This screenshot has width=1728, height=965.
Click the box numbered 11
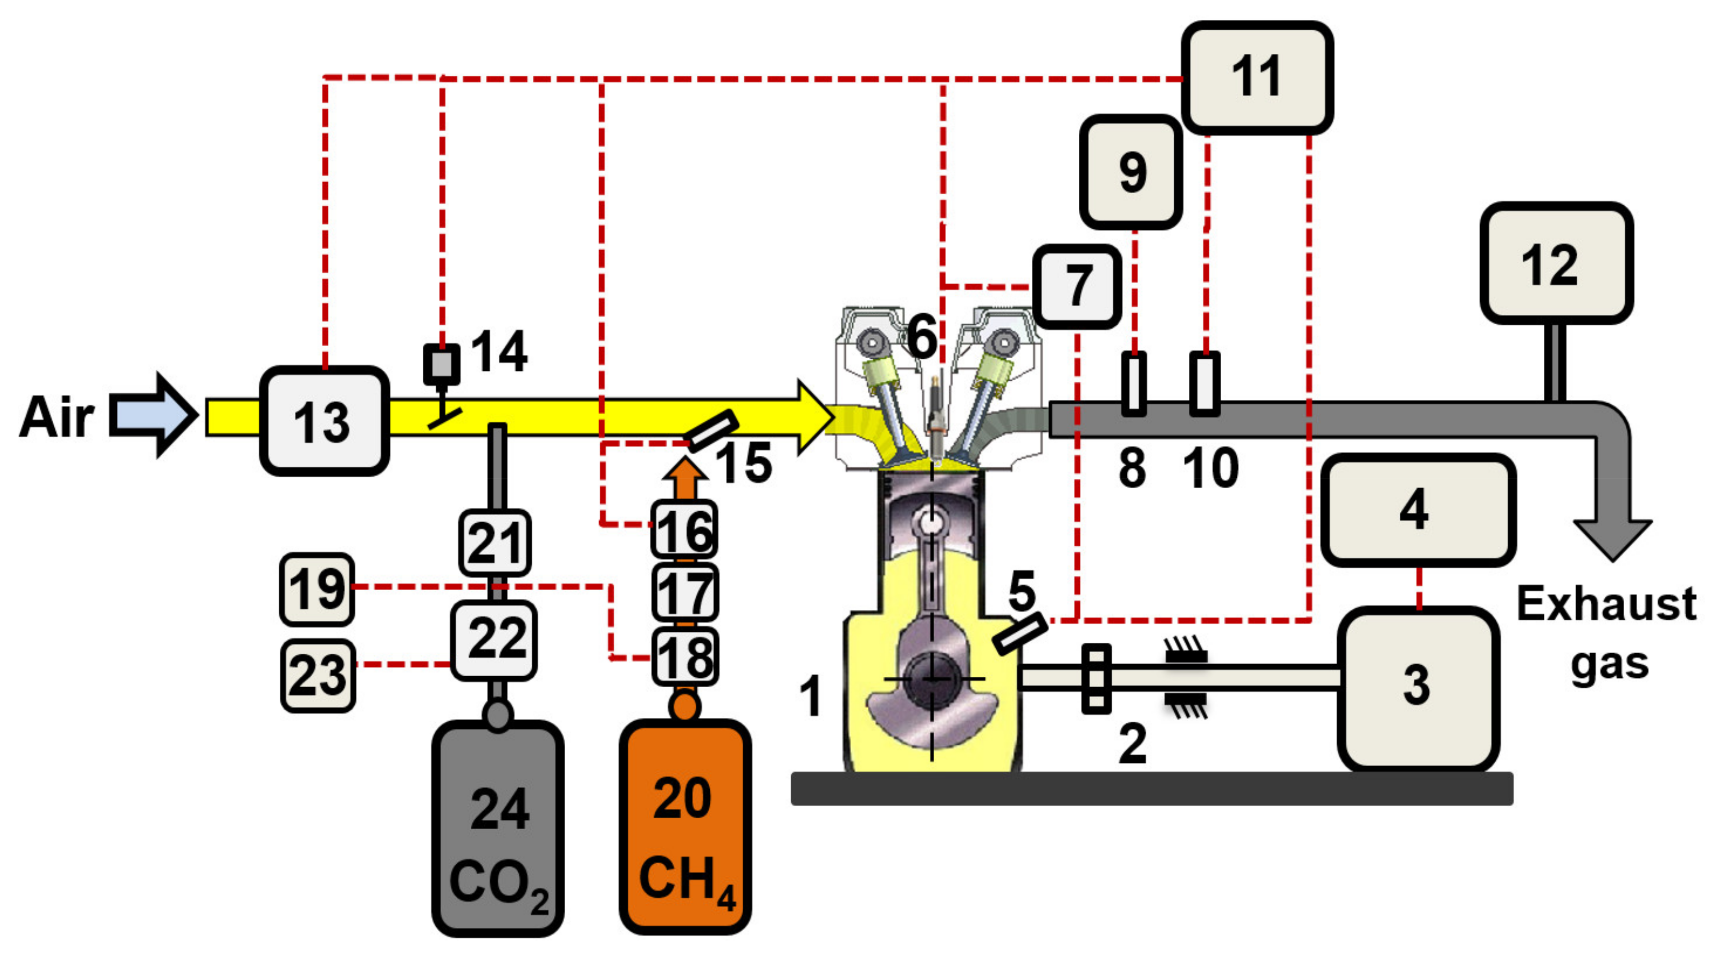click(x=1256, y=77)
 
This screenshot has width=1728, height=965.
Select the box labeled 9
click(x=1131, y=172)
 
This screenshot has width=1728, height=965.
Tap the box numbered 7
click(x=1077, y=287)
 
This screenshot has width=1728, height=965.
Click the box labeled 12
click(x=1556, y=263)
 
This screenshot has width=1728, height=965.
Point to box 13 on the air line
click(x=324, y=421)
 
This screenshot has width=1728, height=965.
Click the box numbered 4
click(x=1417, y=510)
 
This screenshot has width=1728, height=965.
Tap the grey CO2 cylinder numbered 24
click(x=498, y=829)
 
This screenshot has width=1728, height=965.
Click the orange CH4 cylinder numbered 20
click(x=684, y=827)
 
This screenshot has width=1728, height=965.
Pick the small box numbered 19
click(x=317, y=589)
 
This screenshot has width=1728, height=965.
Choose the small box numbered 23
click(x=317, y=675)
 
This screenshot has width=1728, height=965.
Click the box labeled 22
click(x=494, y=640)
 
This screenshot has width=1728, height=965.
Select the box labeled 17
click(x=685, y=593)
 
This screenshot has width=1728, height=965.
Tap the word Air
click(x=56, y=417)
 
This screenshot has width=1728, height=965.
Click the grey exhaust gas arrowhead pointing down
click(x=1612, y=537)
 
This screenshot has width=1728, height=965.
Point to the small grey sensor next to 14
click(x=442, y=364)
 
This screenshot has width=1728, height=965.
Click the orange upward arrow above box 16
click(x=684, y=478)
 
